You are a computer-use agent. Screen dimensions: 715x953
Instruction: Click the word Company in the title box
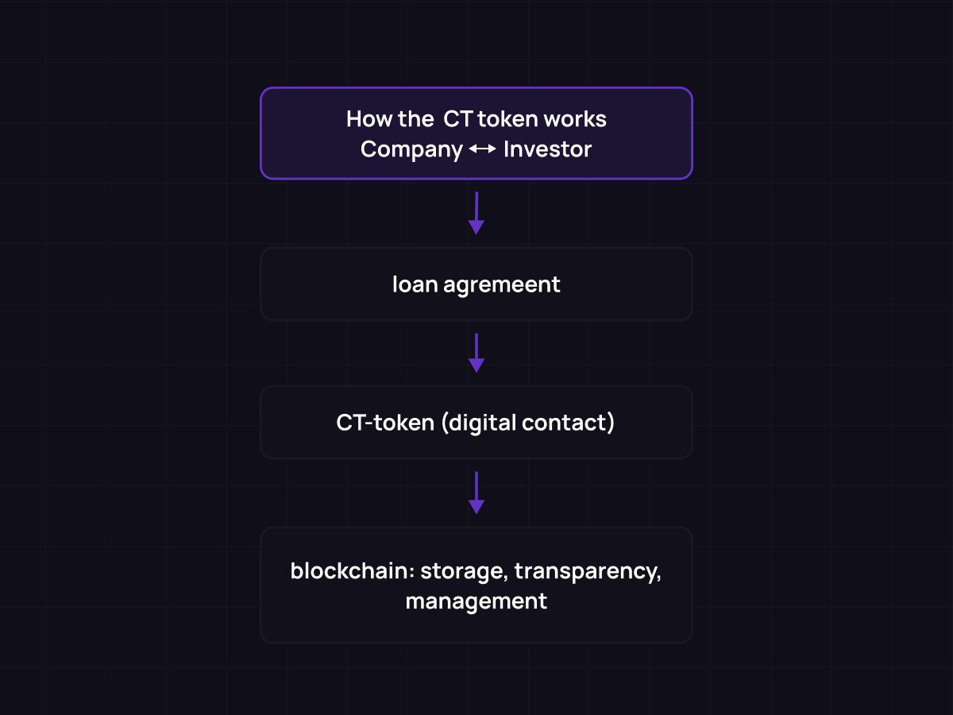tap(411, 149)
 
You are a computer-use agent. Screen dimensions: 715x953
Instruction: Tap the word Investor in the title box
tap(547, 149)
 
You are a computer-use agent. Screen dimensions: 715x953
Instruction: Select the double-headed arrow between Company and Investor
tap(483, 149)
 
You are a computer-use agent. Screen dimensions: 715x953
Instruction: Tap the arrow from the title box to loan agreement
tap(476, 213)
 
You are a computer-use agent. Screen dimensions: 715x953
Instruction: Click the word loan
tap(415, 284)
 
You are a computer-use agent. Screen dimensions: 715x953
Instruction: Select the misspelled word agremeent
tap(502, 284)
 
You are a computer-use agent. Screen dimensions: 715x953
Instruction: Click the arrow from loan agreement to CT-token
tap(476, 353)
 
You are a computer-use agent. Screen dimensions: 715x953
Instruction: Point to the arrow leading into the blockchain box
tap(476, 493)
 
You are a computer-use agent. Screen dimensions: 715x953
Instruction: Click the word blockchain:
tap(351, 571)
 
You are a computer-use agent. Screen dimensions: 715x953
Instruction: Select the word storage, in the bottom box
tap(464, 571)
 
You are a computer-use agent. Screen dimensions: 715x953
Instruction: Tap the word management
tap(476, 601)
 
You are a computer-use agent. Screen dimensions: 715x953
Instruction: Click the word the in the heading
tap(416, 119)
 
